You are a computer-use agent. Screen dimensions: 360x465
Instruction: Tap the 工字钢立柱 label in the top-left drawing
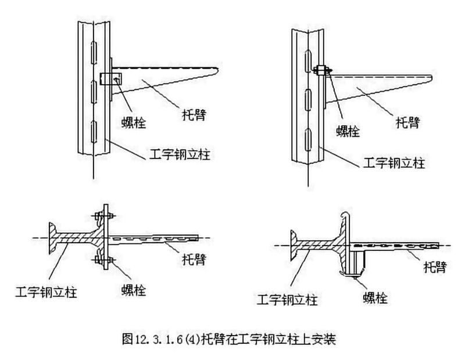[171, 155]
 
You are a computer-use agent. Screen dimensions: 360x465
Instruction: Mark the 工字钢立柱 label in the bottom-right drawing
[288, 300]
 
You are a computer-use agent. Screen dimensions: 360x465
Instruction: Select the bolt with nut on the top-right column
[321, 71]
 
